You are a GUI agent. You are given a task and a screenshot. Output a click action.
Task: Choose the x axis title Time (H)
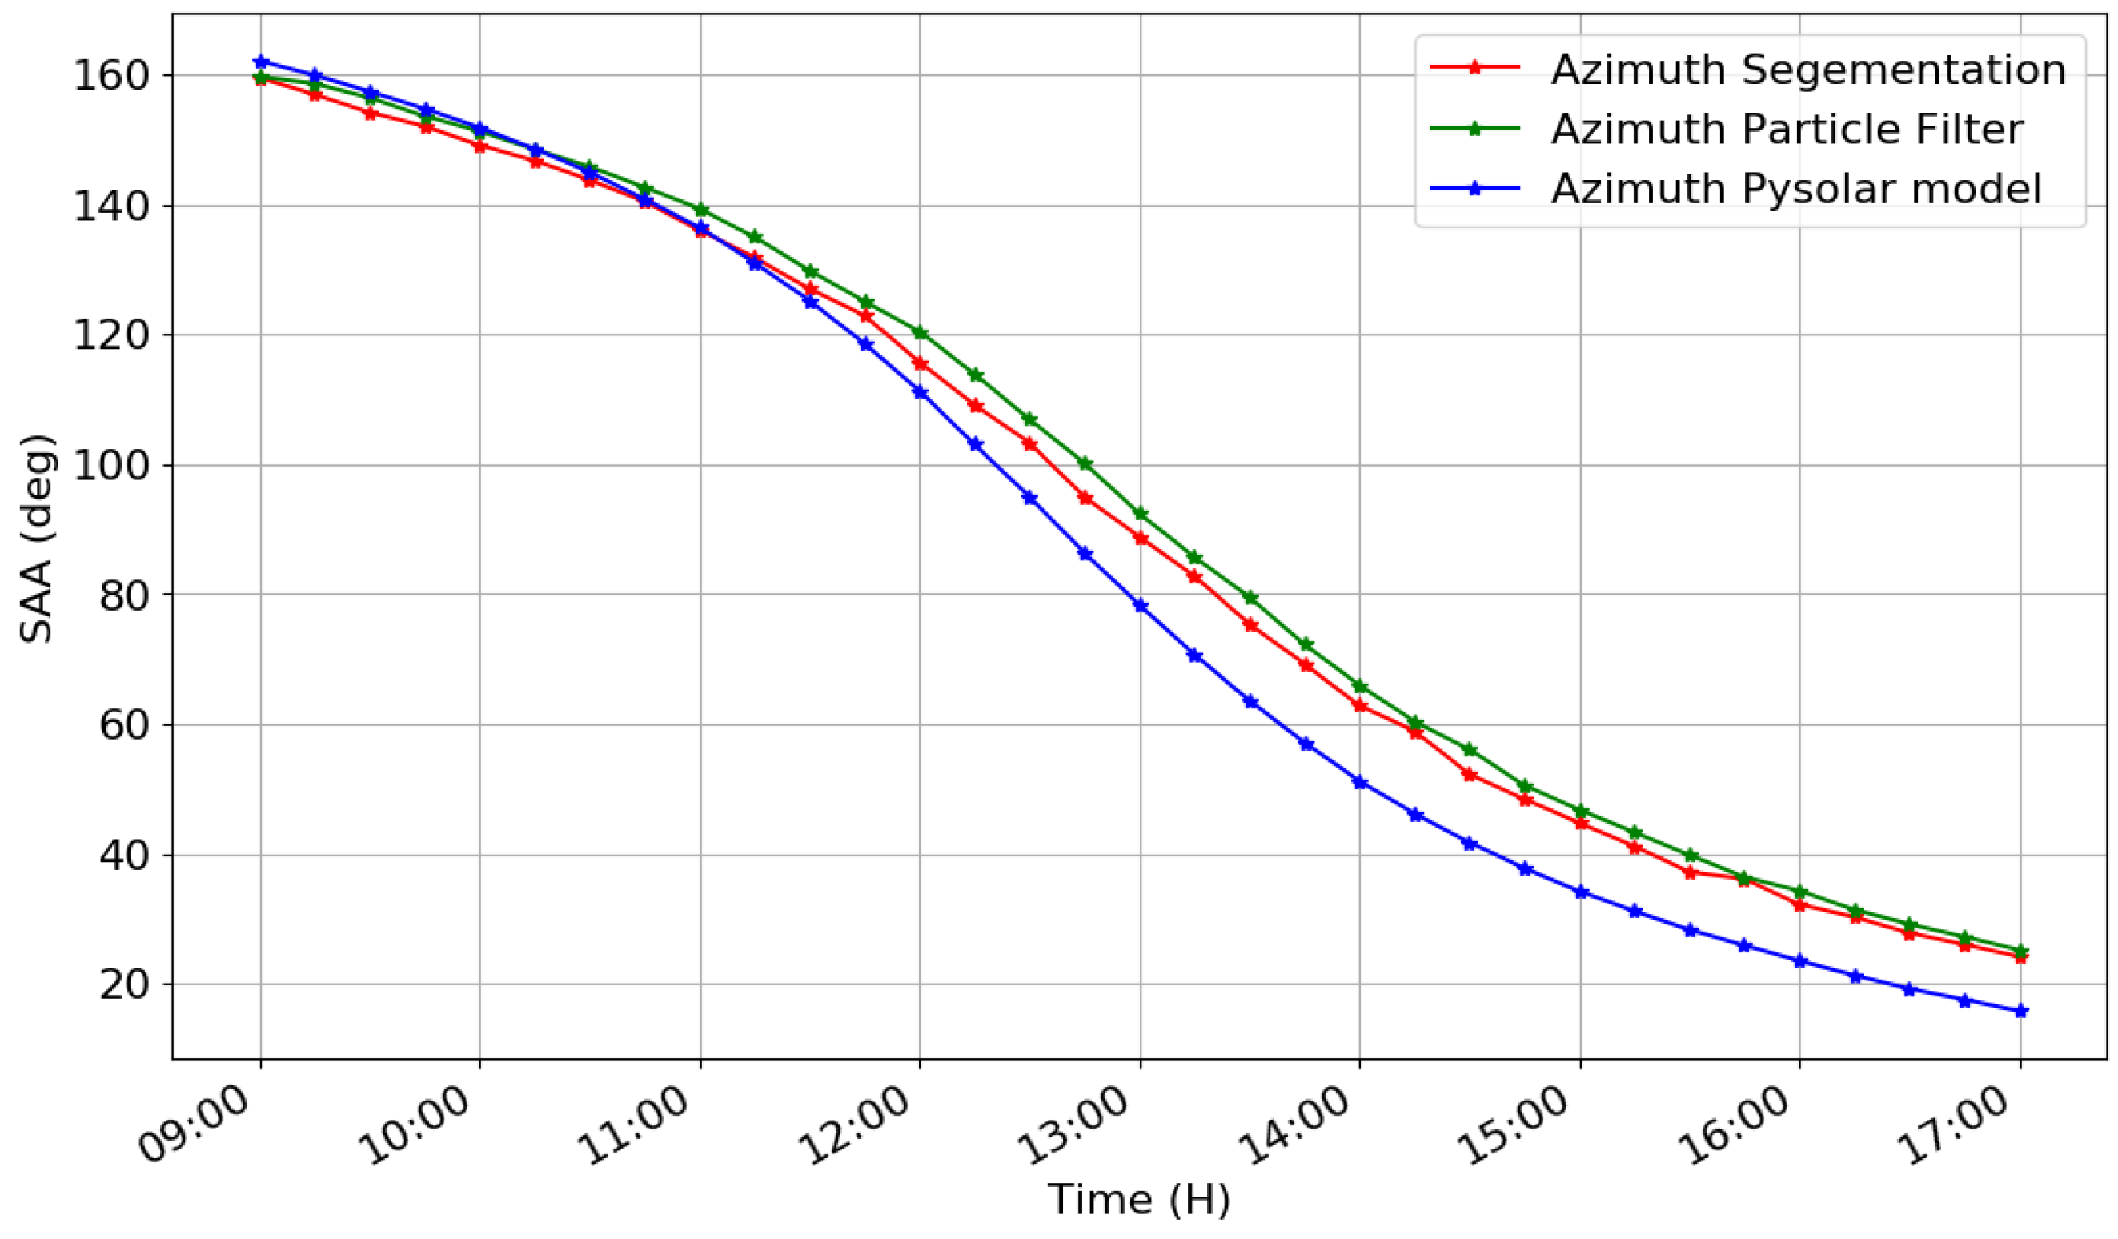point(1139,1201)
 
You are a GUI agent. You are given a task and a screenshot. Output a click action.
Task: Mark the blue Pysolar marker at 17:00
point(2020,1011)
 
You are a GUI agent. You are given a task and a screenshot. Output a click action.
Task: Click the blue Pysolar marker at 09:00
point(261,62)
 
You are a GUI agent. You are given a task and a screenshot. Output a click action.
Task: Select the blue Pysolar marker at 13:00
point(1141,606)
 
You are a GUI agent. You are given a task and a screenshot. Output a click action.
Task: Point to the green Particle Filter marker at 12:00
point(921,333)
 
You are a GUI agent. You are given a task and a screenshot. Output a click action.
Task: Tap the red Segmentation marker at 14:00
point(1360,706)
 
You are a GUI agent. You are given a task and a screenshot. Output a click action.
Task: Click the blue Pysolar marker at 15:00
point(1581,892)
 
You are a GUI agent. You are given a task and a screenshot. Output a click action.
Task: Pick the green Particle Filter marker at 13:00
point(1141,515)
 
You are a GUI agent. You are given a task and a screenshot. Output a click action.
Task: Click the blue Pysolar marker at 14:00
point(1360,784)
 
